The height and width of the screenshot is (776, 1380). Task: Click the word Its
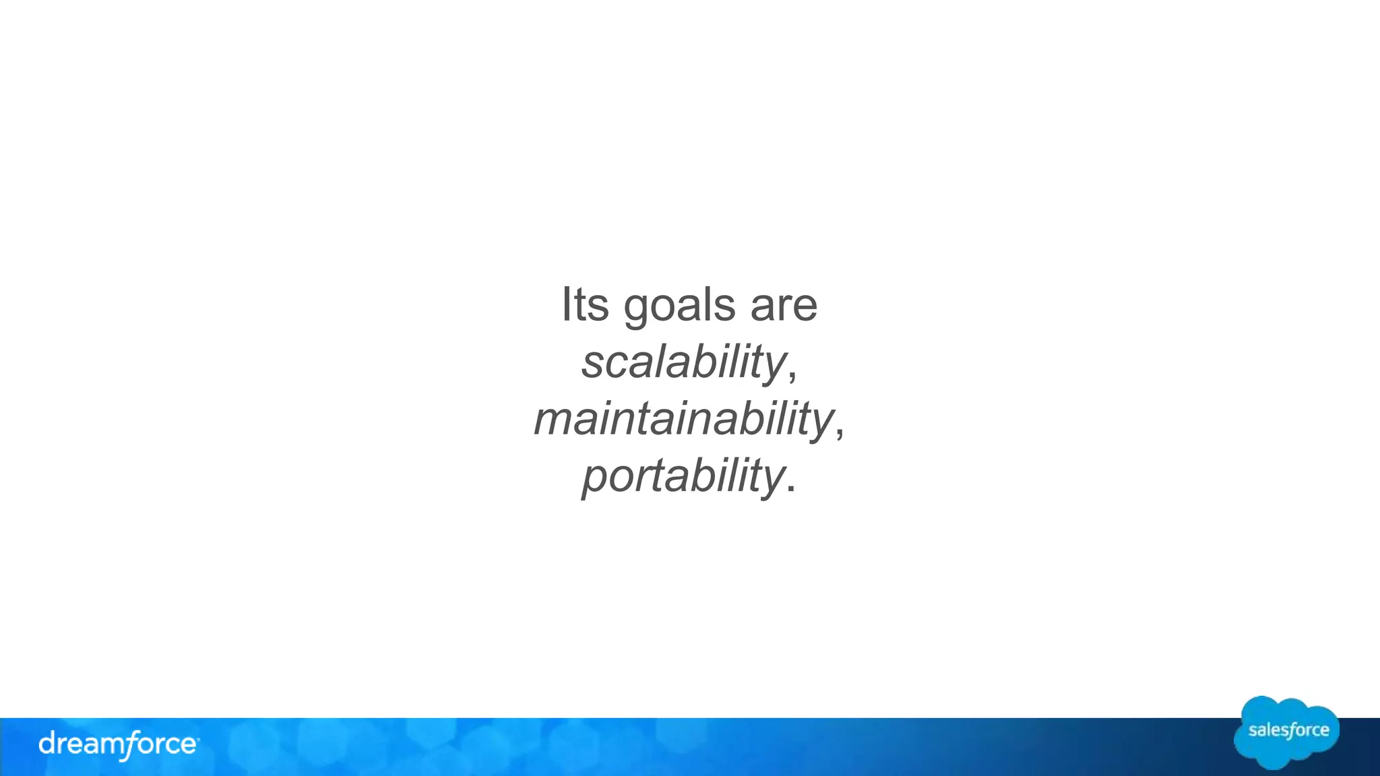585,305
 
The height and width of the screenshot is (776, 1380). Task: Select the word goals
679,306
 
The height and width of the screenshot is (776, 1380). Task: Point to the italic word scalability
683,362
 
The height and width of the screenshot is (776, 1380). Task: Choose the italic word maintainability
683,419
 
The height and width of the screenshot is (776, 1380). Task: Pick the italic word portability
683,476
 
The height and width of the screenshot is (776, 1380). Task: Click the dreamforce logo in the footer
118,745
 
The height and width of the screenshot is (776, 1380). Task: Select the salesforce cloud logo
1287,732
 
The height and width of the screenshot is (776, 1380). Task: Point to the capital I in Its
566,305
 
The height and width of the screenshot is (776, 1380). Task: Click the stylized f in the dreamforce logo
125,746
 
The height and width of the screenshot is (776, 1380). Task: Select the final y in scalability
775,367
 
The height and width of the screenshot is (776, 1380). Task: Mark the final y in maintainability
822,424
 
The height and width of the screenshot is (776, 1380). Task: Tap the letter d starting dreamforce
48,744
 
